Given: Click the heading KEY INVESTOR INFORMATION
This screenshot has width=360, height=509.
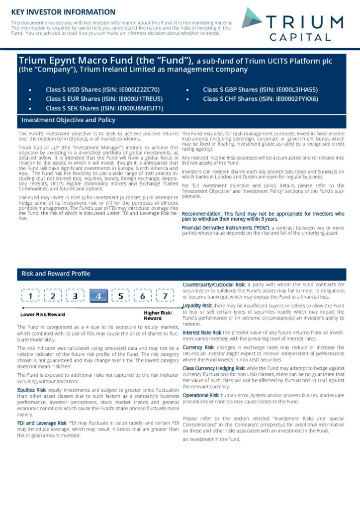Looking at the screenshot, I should point(63,12).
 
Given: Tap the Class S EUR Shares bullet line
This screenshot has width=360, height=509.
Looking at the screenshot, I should point(104,99).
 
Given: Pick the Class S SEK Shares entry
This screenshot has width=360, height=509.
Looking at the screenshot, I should point(104,108).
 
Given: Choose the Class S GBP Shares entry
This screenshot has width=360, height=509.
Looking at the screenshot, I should point(260,90).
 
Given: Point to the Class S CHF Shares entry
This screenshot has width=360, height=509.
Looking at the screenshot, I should point(260,99).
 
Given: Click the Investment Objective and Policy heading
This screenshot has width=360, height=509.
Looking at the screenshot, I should point(68,120).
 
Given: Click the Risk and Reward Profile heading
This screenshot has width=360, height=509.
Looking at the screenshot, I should point(56,273).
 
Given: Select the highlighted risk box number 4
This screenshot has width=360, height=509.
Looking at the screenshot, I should point(98,296).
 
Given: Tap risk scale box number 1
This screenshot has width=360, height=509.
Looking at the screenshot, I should point(31,296).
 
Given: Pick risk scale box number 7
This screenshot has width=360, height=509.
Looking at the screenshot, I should point(165,296).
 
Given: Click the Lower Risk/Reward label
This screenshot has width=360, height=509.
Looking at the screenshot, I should point(43,315).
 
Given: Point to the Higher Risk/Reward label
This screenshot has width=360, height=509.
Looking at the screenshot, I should point(158,315).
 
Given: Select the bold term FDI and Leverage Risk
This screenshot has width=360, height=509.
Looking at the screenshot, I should point(42,423).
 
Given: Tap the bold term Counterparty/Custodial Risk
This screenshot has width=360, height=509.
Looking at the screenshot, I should point(214,284).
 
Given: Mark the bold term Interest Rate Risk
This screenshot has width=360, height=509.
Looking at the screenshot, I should point(202,332).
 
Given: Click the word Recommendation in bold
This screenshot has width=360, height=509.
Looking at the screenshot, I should point(202,213).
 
